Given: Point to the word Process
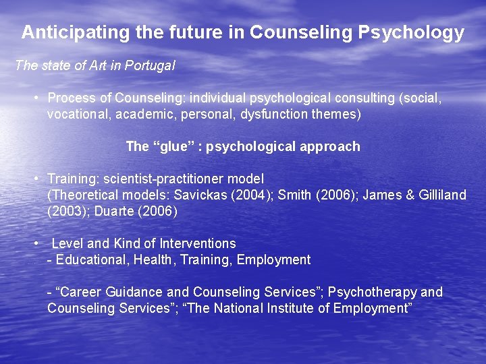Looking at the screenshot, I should point(72,98).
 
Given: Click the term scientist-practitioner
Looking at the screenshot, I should point(162,179).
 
